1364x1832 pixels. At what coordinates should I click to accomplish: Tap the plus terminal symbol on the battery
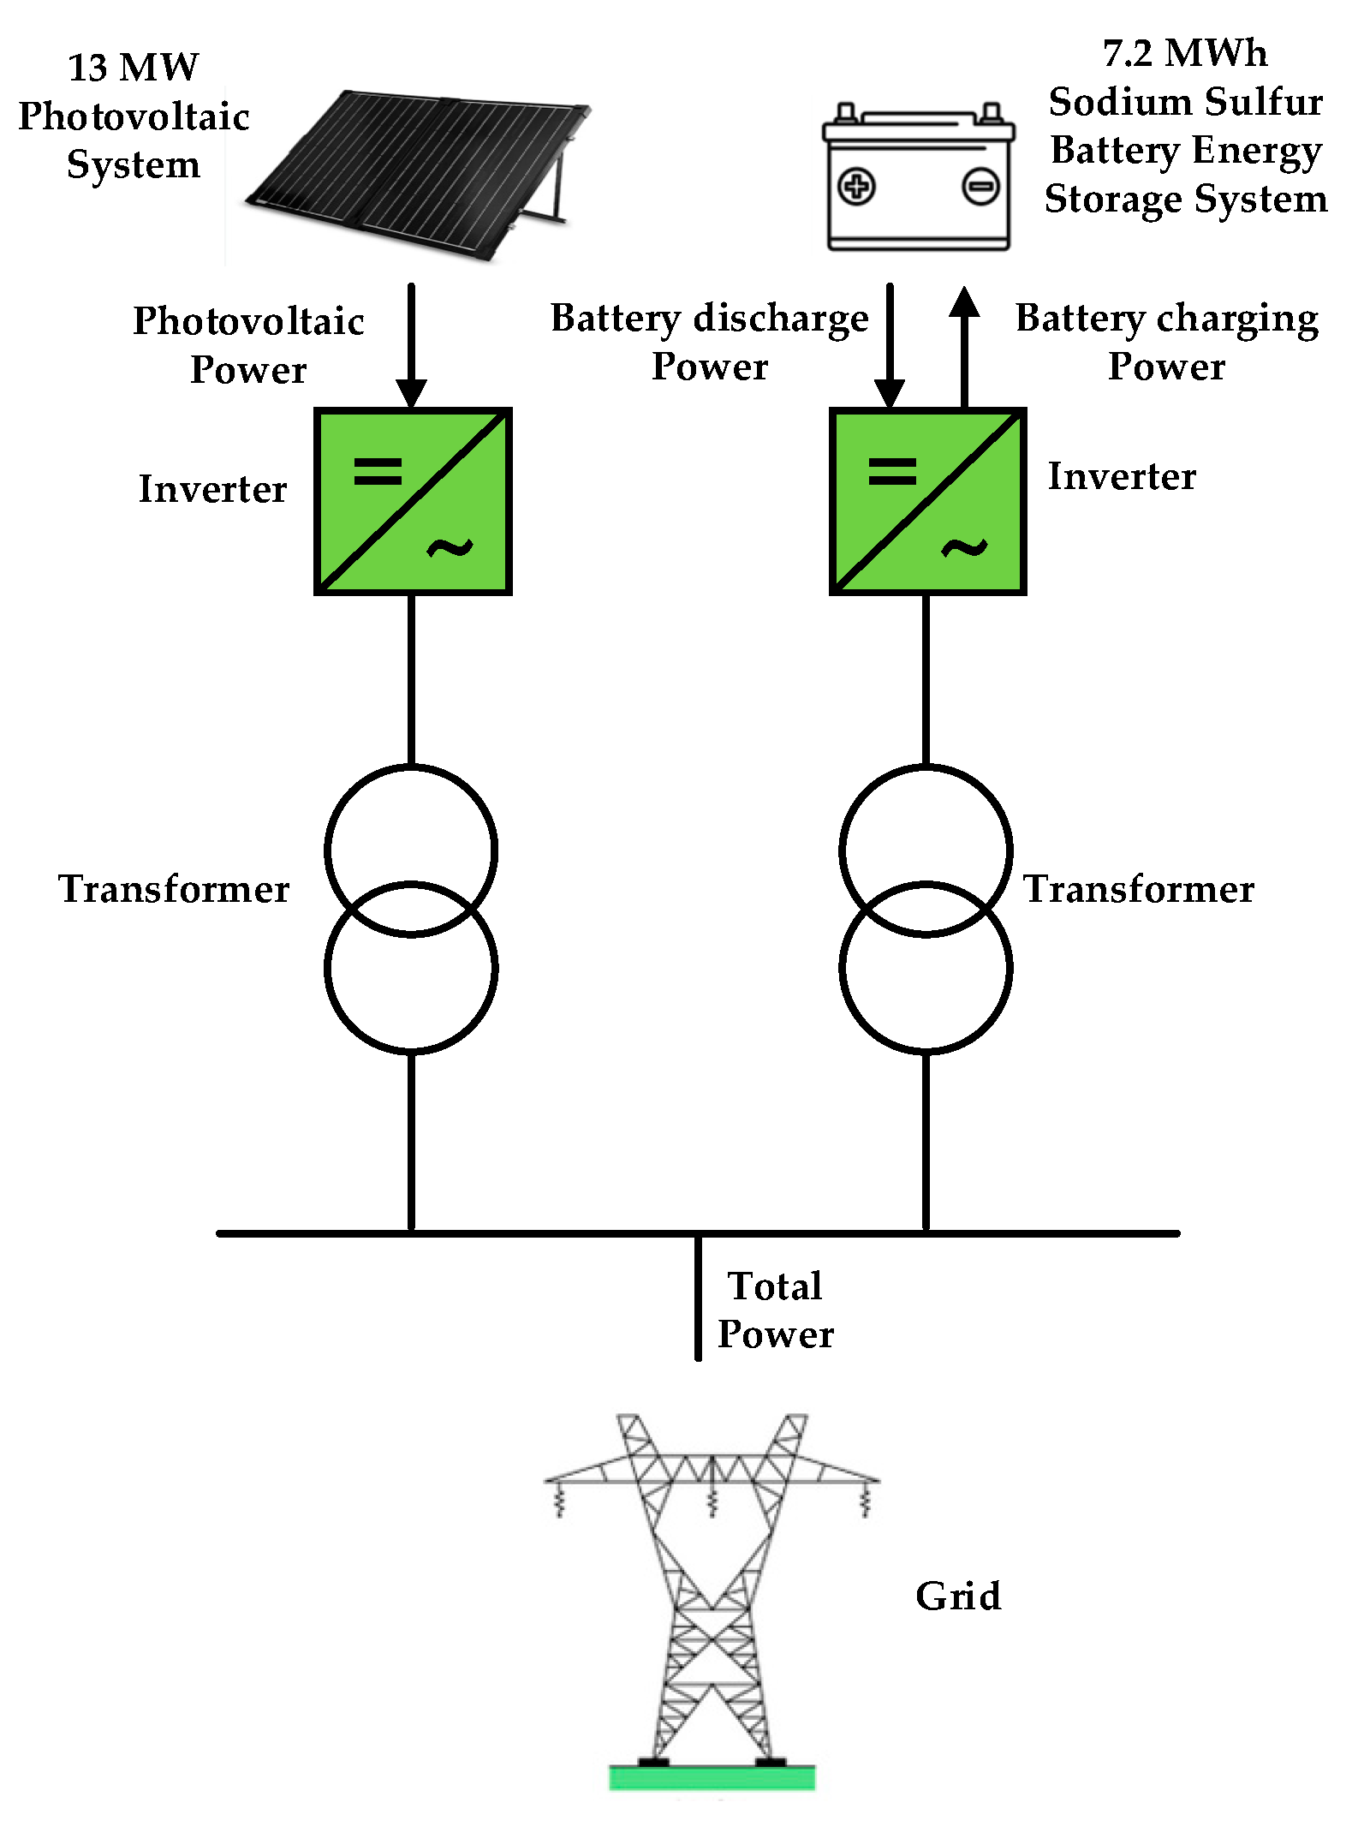point(856,187)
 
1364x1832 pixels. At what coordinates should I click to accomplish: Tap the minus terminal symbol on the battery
point(980,187)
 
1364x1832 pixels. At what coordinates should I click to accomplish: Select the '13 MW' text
point(133,68)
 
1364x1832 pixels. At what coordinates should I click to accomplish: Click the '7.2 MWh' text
point(1184,53)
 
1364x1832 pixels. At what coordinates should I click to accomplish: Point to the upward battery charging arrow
point(964,343)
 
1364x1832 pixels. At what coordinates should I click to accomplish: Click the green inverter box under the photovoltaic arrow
point(413,502)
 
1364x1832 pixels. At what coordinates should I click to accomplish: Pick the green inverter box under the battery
point(927,502)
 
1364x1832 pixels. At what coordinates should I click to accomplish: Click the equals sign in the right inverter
point(891,471)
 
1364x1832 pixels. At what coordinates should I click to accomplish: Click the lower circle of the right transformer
point(926,994)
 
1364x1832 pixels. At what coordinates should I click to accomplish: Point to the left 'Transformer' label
point(174,889)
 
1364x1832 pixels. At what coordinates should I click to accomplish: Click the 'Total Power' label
point(775,1310)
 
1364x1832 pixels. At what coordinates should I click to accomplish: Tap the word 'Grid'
point(957,1596)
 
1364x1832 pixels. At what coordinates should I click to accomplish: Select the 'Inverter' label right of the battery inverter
point(1122,476)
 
